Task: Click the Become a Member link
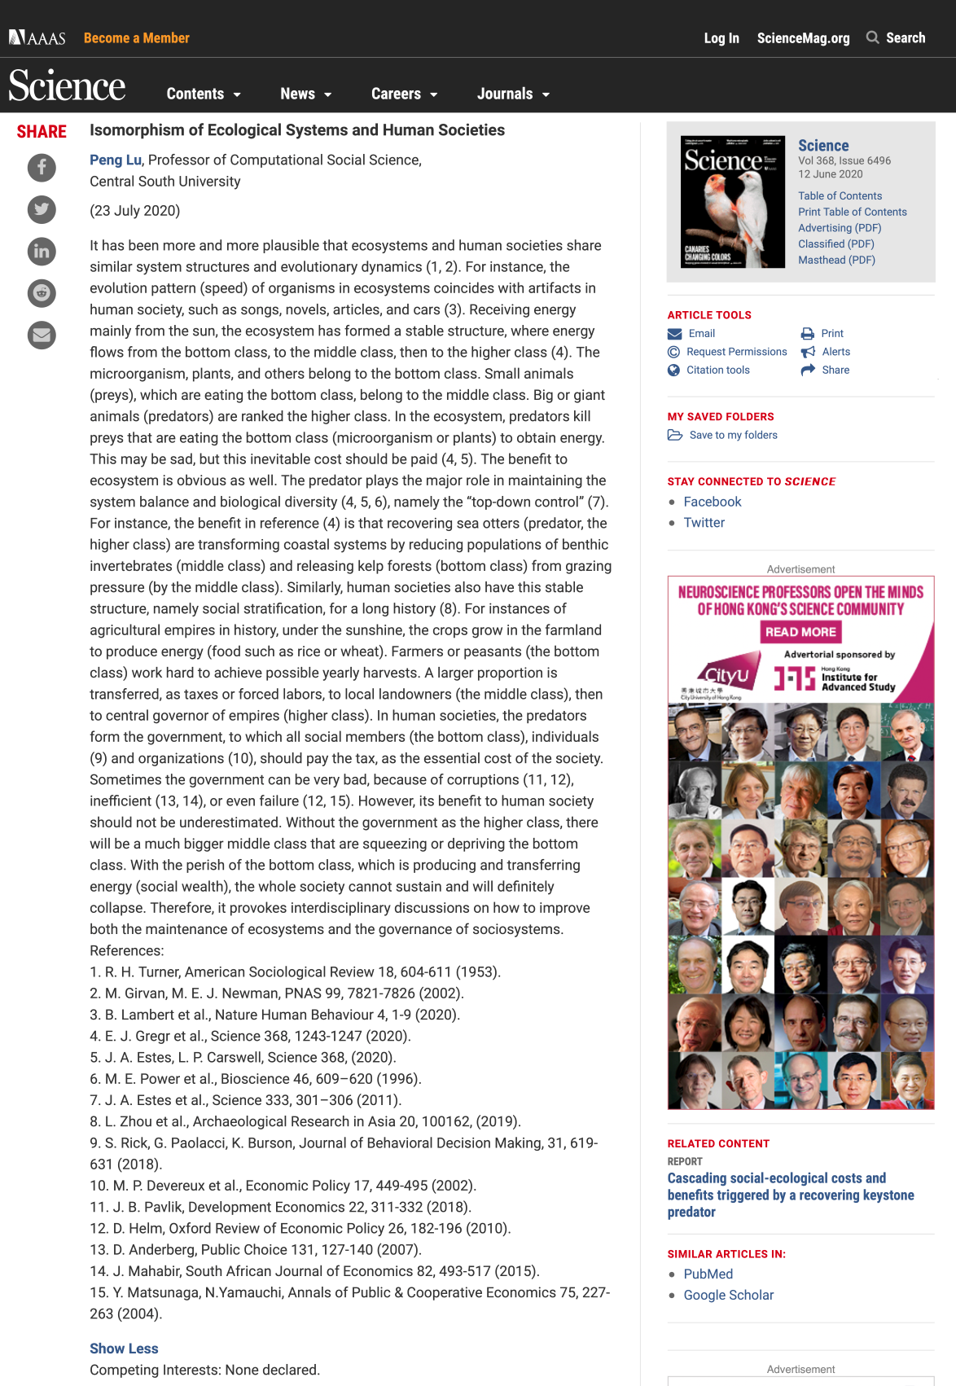136,38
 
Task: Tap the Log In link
721,38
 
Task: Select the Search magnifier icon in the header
872,37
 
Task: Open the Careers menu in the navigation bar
404,94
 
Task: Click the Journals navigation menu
513,94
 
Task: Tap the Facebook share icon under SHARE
42,168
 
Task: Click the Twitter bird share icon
42,209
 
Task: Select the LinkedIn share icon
42,251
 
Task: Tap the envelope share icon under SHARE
42,335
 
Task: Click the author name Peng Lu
116,160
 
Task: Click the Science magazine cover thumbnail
733,202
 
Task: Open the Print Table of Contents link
852,212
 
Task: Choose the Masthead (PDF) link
836,260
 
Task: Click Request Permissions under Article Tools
736,352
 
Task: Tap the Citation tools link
717,370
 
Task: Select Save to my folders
733,435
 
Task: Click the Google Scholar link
728,1295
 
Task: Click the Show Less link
124,1349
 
